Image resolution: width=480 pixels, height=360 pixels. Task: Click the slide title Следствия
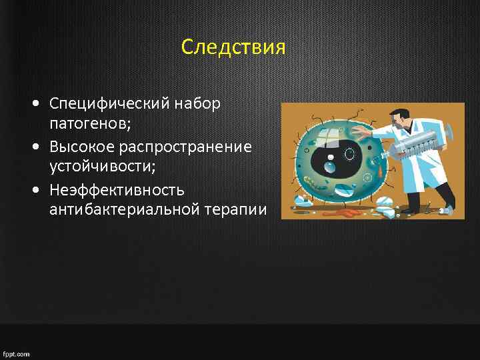[233, 48]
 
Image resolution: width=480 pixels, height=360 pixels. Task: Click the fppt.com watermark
[16, 354]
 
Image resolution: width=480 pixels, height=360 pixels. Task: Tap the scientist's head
[399, 119]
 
